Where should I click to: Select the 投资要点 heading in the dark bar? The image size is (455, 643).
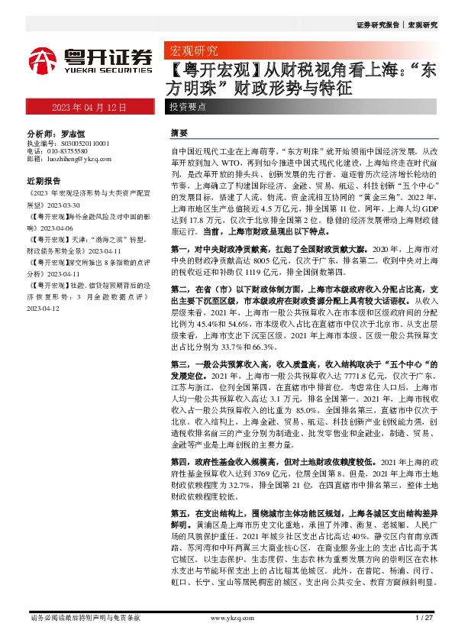coord(188,108)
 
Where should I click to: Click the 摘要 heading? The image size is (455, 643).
coord(179,132)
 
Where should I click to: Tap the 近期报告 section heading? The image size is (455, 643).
coord(44,182)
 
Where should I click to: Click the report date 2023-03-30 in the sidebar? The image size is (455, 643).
coord(71,205)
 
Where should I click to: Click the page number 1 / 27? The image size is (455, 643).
coord(424,616)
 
